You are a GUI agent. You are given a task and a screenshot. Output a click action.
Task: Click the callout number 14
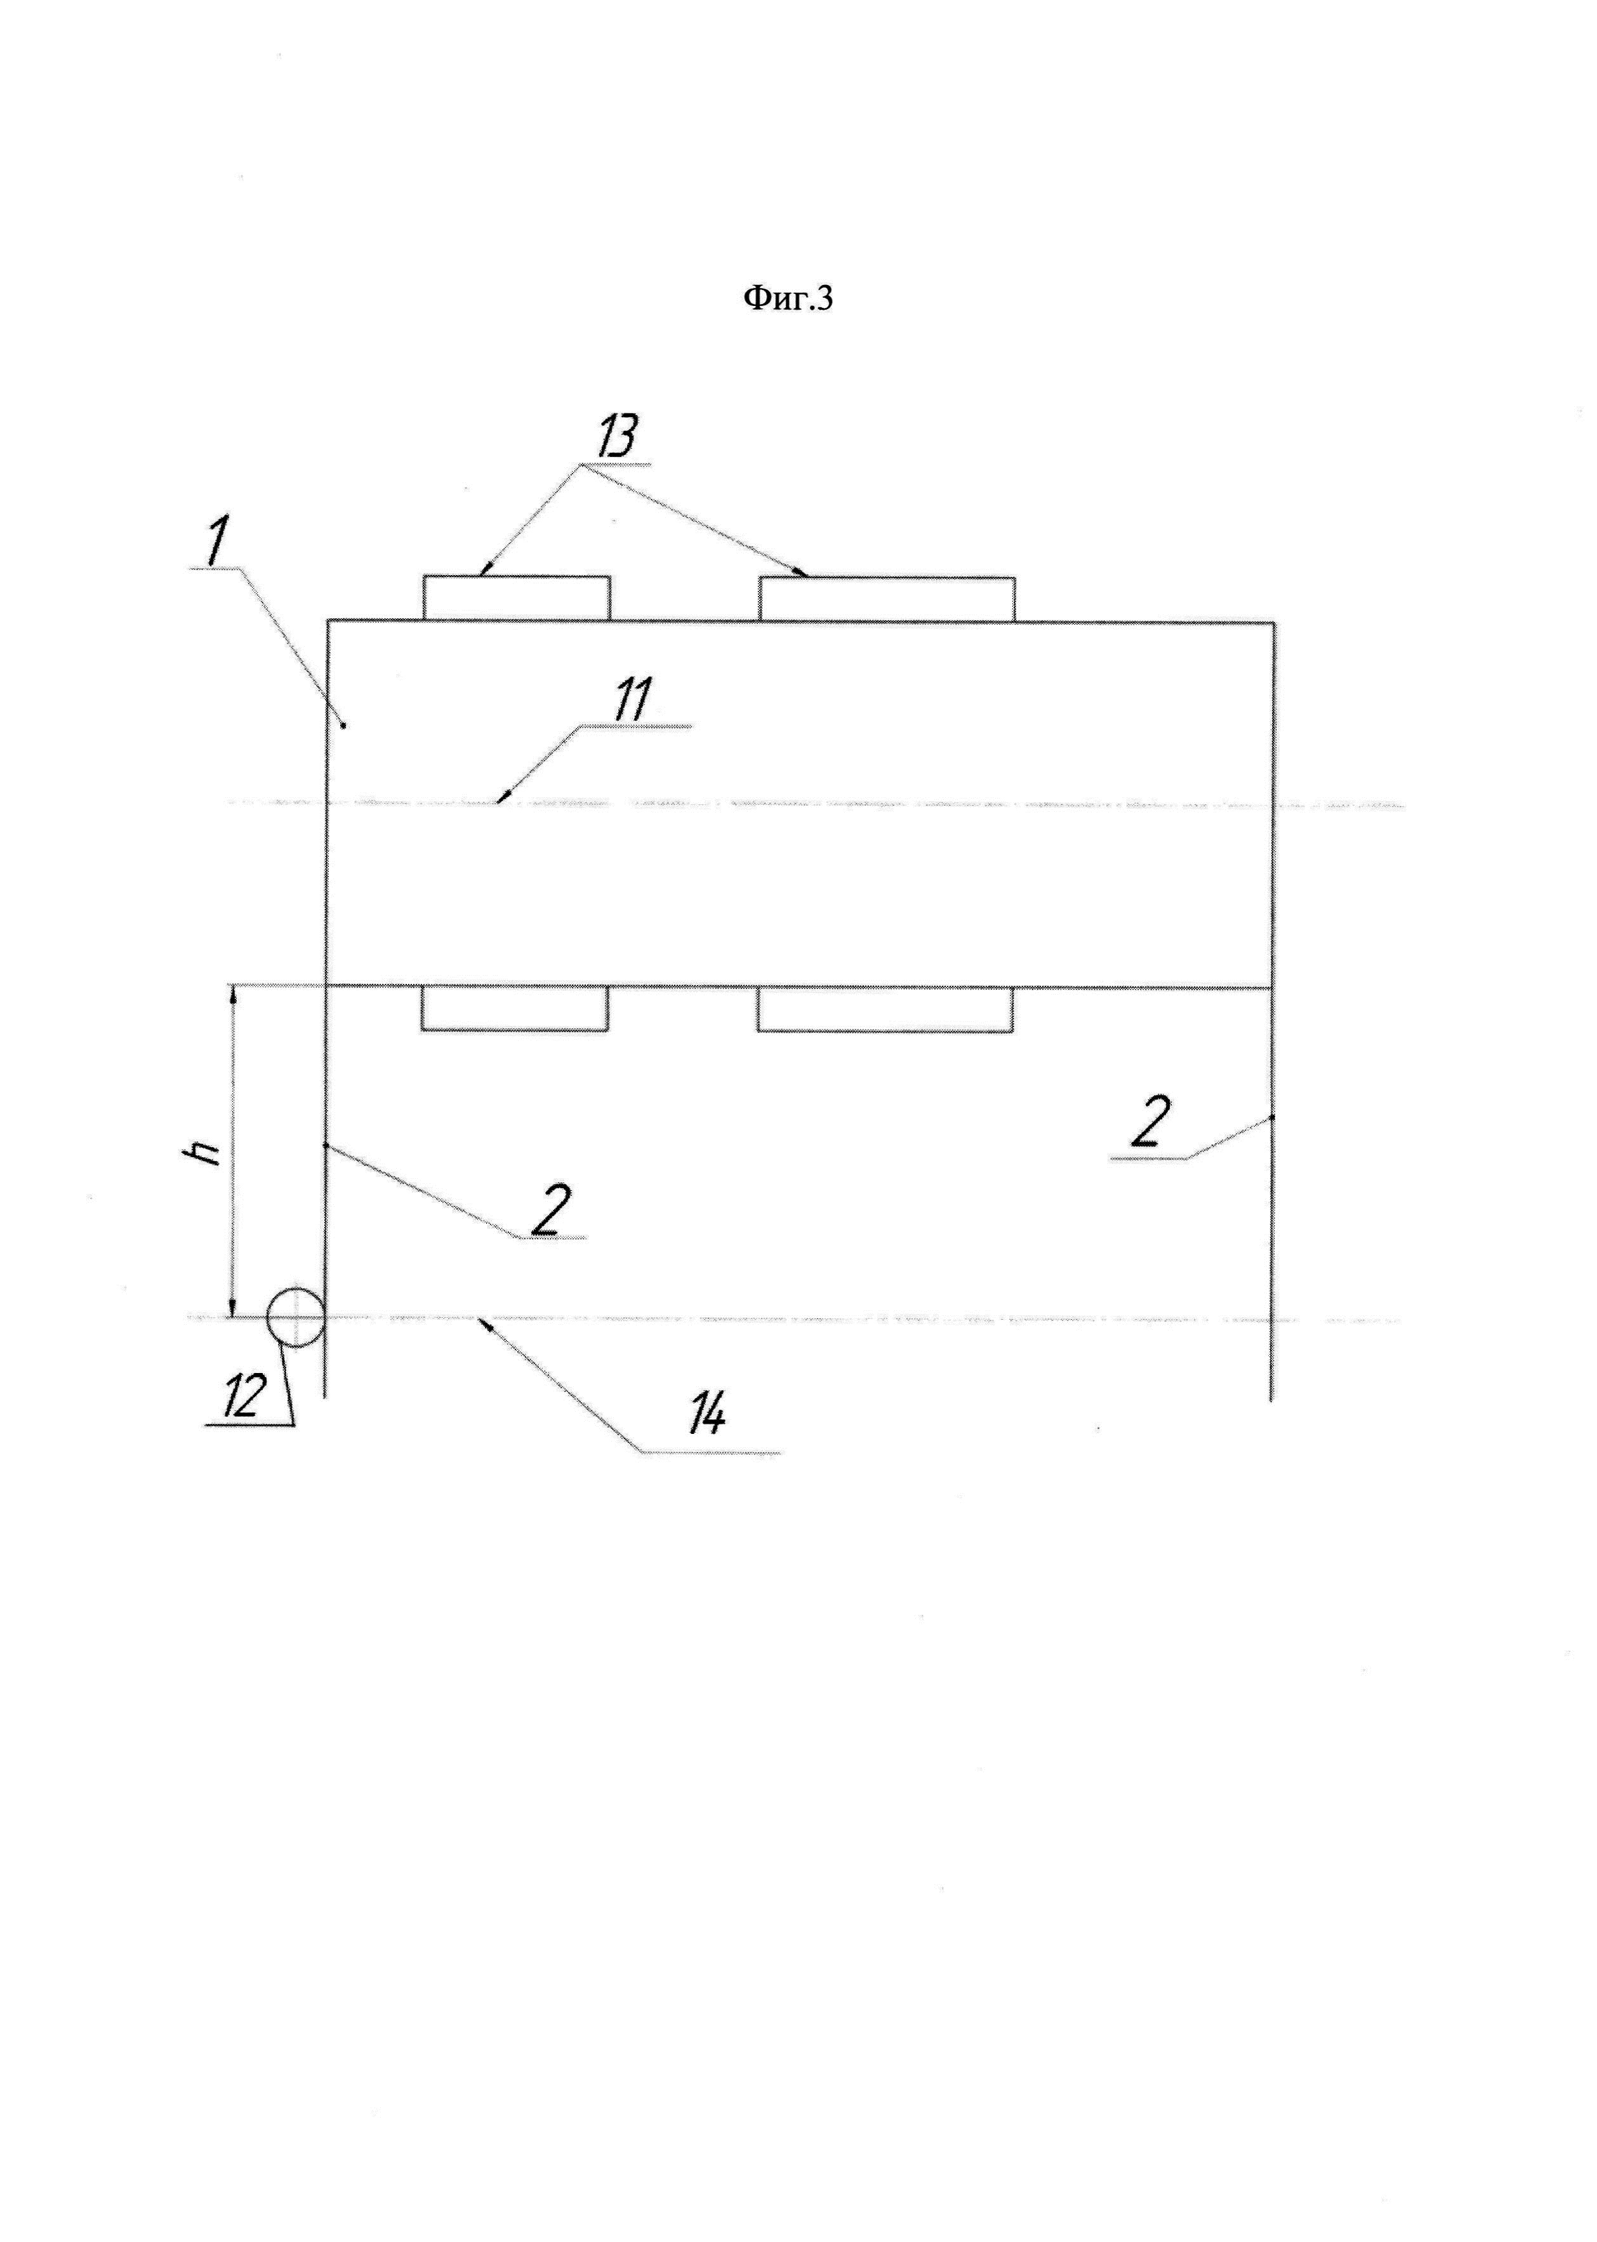tap(707, 1415)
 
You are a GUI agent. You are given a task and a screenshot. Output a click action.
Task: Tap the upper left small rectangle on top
tap(516, 598)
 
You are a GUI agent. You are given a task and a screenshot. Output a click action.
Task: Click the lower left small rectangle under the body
tap(514, 1009)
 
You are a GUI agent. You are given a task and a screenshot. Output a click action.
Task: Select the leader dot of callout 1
tap(343, 726)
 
